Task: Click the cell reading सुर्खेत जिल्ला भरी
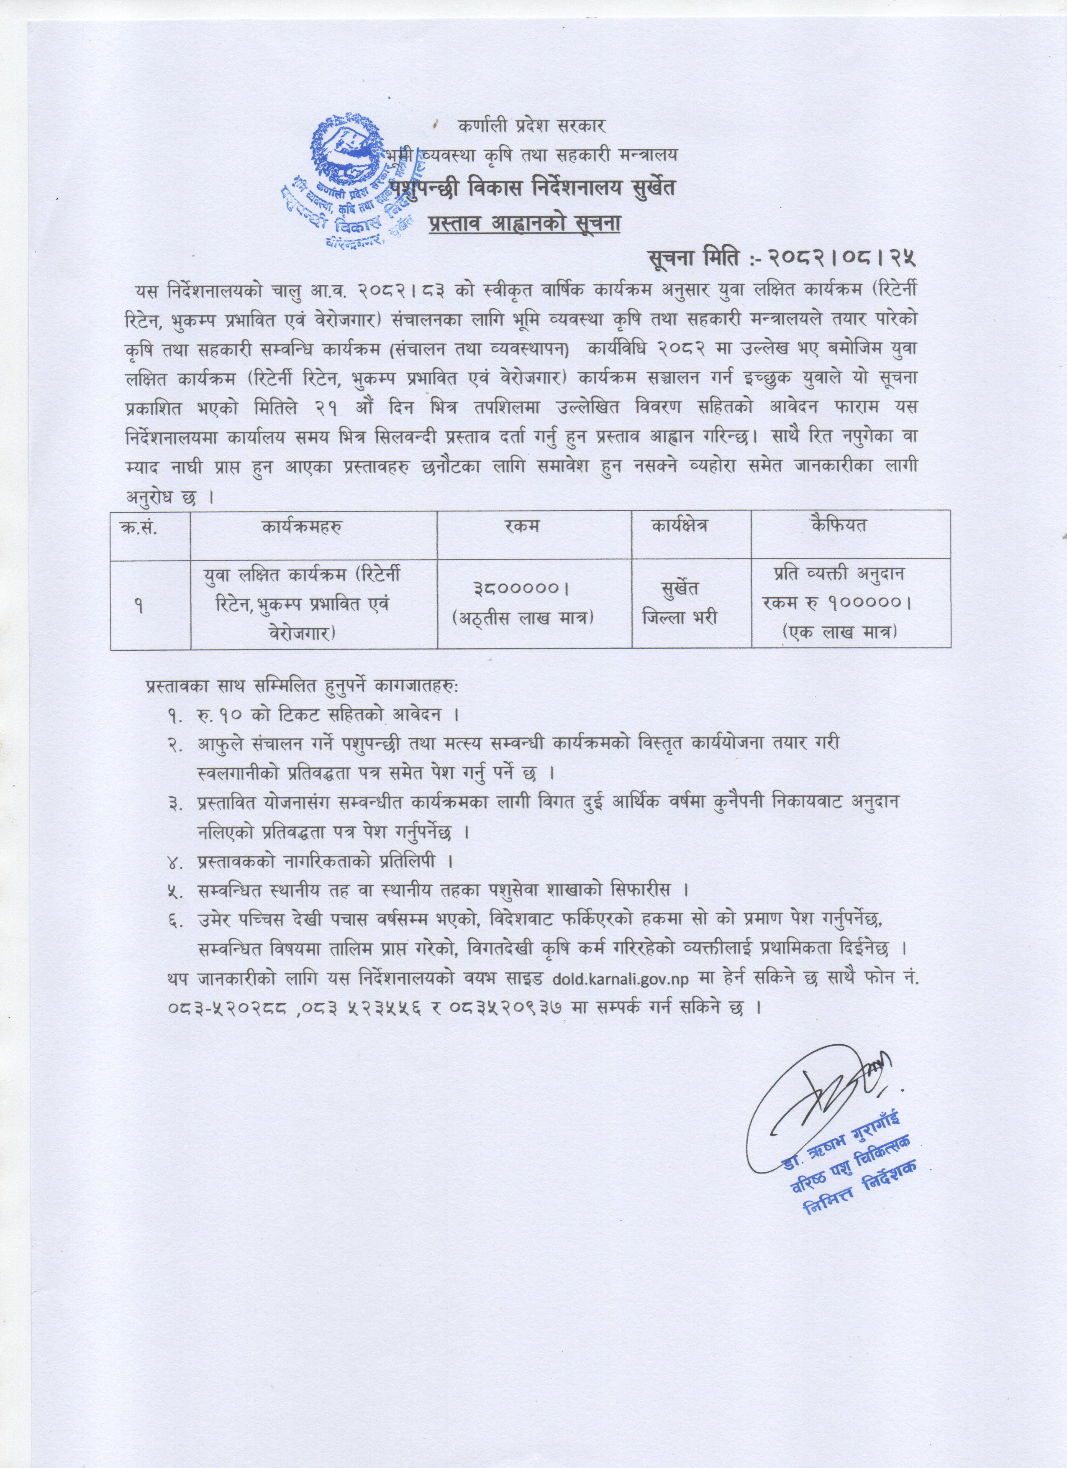[x=680, y=603]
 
